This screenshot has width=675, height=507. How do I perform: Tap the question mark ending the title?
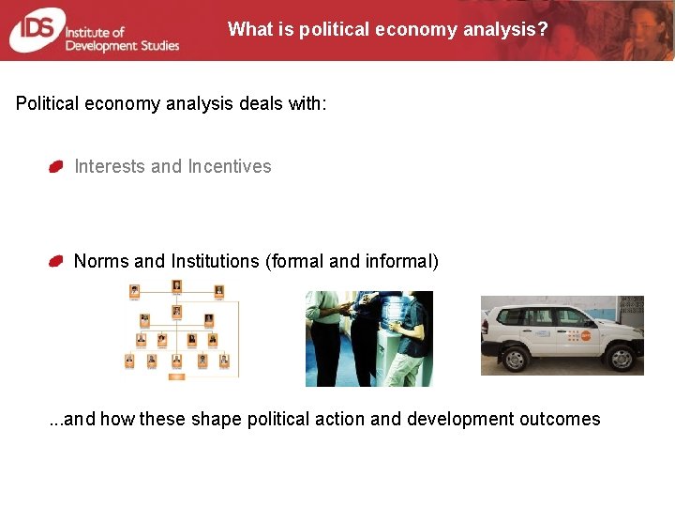[x=543, y=29]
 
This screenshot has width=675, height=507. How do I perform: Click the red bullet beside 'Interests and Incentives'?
[x=56, y=167]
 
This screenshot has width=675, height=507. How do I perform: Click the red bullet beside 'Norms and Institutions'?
[x=56, y=261]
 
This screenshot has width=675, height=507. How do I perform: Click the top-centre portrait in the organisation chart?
[x=175, y=287]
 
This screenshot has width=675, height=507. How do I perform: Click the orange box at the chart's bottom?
[x=175, y=376]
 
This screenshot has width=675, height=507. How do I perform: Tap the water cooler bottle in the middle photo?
[x=387, y=311]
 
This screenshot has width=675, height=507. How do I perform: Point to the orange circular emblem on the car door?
[x=586, y=334]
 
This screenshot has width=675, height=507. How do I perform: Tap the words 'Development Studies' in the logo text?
[x=122, y=45]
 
